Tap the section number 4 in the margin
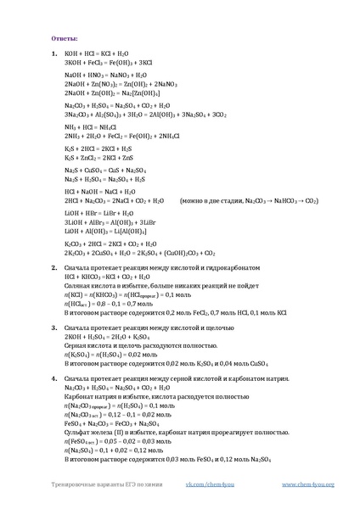53,379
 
